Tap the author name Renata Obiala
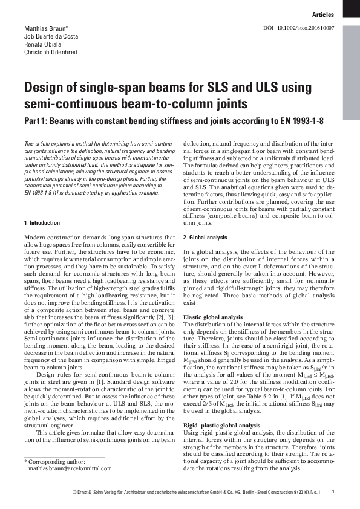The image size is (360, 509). click(41, 45)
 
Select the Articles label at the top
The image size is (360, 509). click(324, 14)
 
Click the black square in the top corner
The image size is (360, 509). click(352, 8)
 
